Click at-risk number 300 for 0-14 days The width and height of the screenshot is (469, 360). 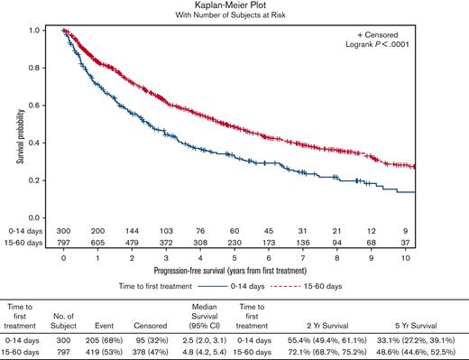pyautogui.click(x=64, y=231)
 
